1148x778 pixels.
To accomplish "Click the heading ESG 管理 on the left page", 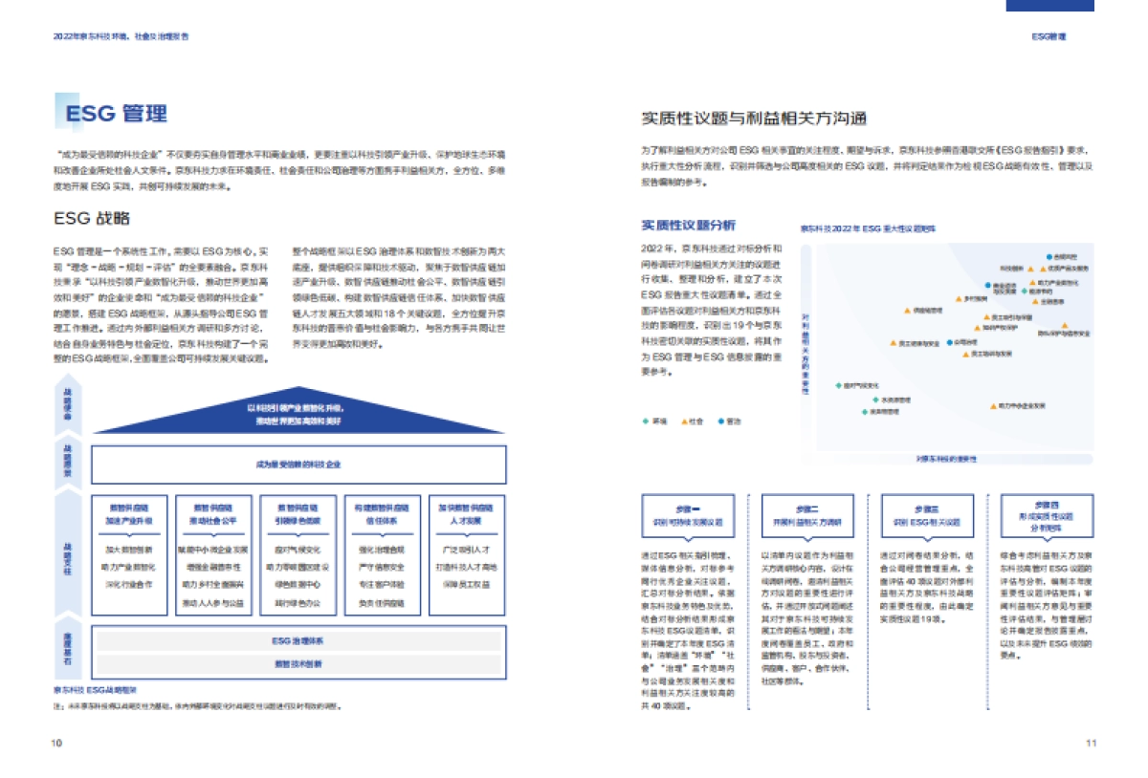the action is pos(116,114).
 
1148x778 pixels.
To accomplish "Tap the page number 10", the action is pos(56,742).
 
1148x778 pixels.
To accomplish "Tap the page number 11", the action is pos(1091,742).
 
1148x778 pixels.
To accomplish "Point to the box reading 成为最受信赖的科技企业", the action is pos(298,465).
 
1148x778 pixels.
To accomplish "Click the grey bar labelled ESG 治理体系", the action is pos(298,641).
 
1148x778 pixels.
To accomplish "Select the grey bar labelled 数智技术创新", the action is pos(298,663).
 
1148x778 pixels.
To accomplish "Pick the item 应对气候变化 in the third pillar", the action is pos(298,550).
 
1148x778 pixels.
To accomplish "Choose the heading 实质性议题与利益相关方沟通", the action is pos(754,119).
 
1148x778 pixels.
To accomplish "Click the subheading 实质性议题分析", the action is pos(688,226).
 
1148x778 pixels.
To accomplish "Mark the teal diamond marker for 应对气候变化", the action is pos(837,385).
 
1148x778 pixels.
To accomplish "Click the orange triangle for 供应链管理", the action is pos(906,311).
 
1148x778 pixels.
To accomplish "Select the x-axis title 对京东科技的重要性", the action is pos(946,460).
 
